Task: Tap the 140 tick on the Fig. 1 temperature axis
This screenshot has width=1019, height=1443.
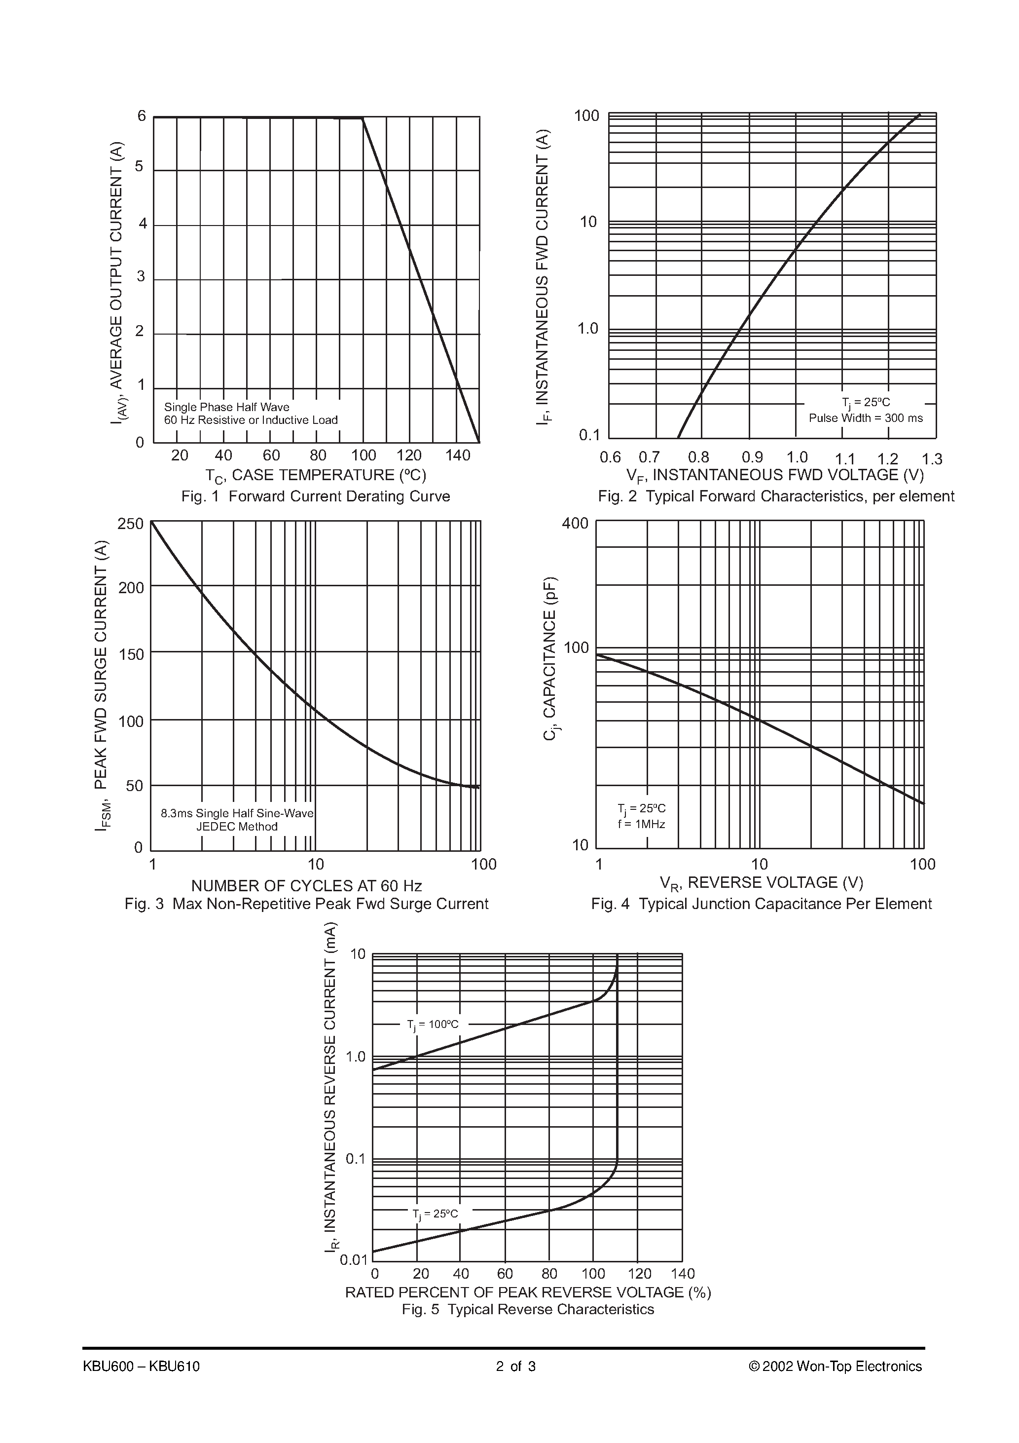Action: tap(457, 456)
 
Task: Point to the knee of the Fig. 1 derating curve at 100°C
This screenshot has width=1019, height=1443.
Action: tap(363, 117)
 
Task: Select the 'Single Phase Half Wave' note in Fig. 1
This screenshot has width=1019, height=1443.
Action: tap(226, 407)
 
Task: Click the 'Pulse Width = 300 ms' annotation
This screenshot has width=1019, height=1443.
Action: tap(865, 418)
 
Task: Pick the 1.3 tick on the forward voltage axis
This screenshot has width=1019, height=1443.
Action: tap(932, 459)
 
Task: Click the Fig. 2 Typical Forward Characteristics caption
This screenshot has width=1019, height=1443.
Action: tap(775, 496)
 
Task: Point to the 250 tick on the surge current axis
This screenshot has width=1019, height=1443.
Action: tap(131, 524)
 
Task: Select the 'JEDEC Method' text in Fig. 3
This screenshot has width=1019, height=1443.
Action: tap(237, 827)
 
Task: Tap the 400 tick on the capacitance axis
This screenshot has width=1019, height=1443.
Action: tap(575, 523)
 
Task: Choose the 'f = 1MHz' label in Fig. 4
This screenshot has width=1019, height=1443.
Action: tap(641, 824)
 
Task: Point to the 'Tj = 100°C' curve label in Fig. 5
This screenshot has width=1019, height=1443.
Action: tap(433, 1025)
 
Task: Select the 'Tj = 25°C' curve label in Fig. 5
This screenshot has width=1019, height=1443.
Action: tap(436, 1214)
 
